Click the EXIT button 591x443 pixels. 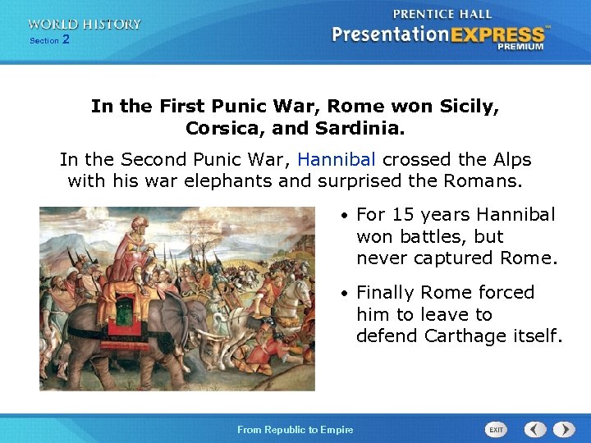point(497,429)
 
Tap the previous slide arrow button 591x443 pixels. point(535,429)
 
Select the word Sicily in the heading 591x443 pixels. point(468,107)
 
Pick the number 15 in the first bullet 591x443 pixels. point(402,215)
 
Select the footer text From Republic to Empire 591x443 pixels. point(295,430)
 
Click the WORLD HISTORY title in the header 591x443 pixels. point(84,25)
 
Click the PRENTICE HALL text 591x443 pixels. point(442,14)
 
